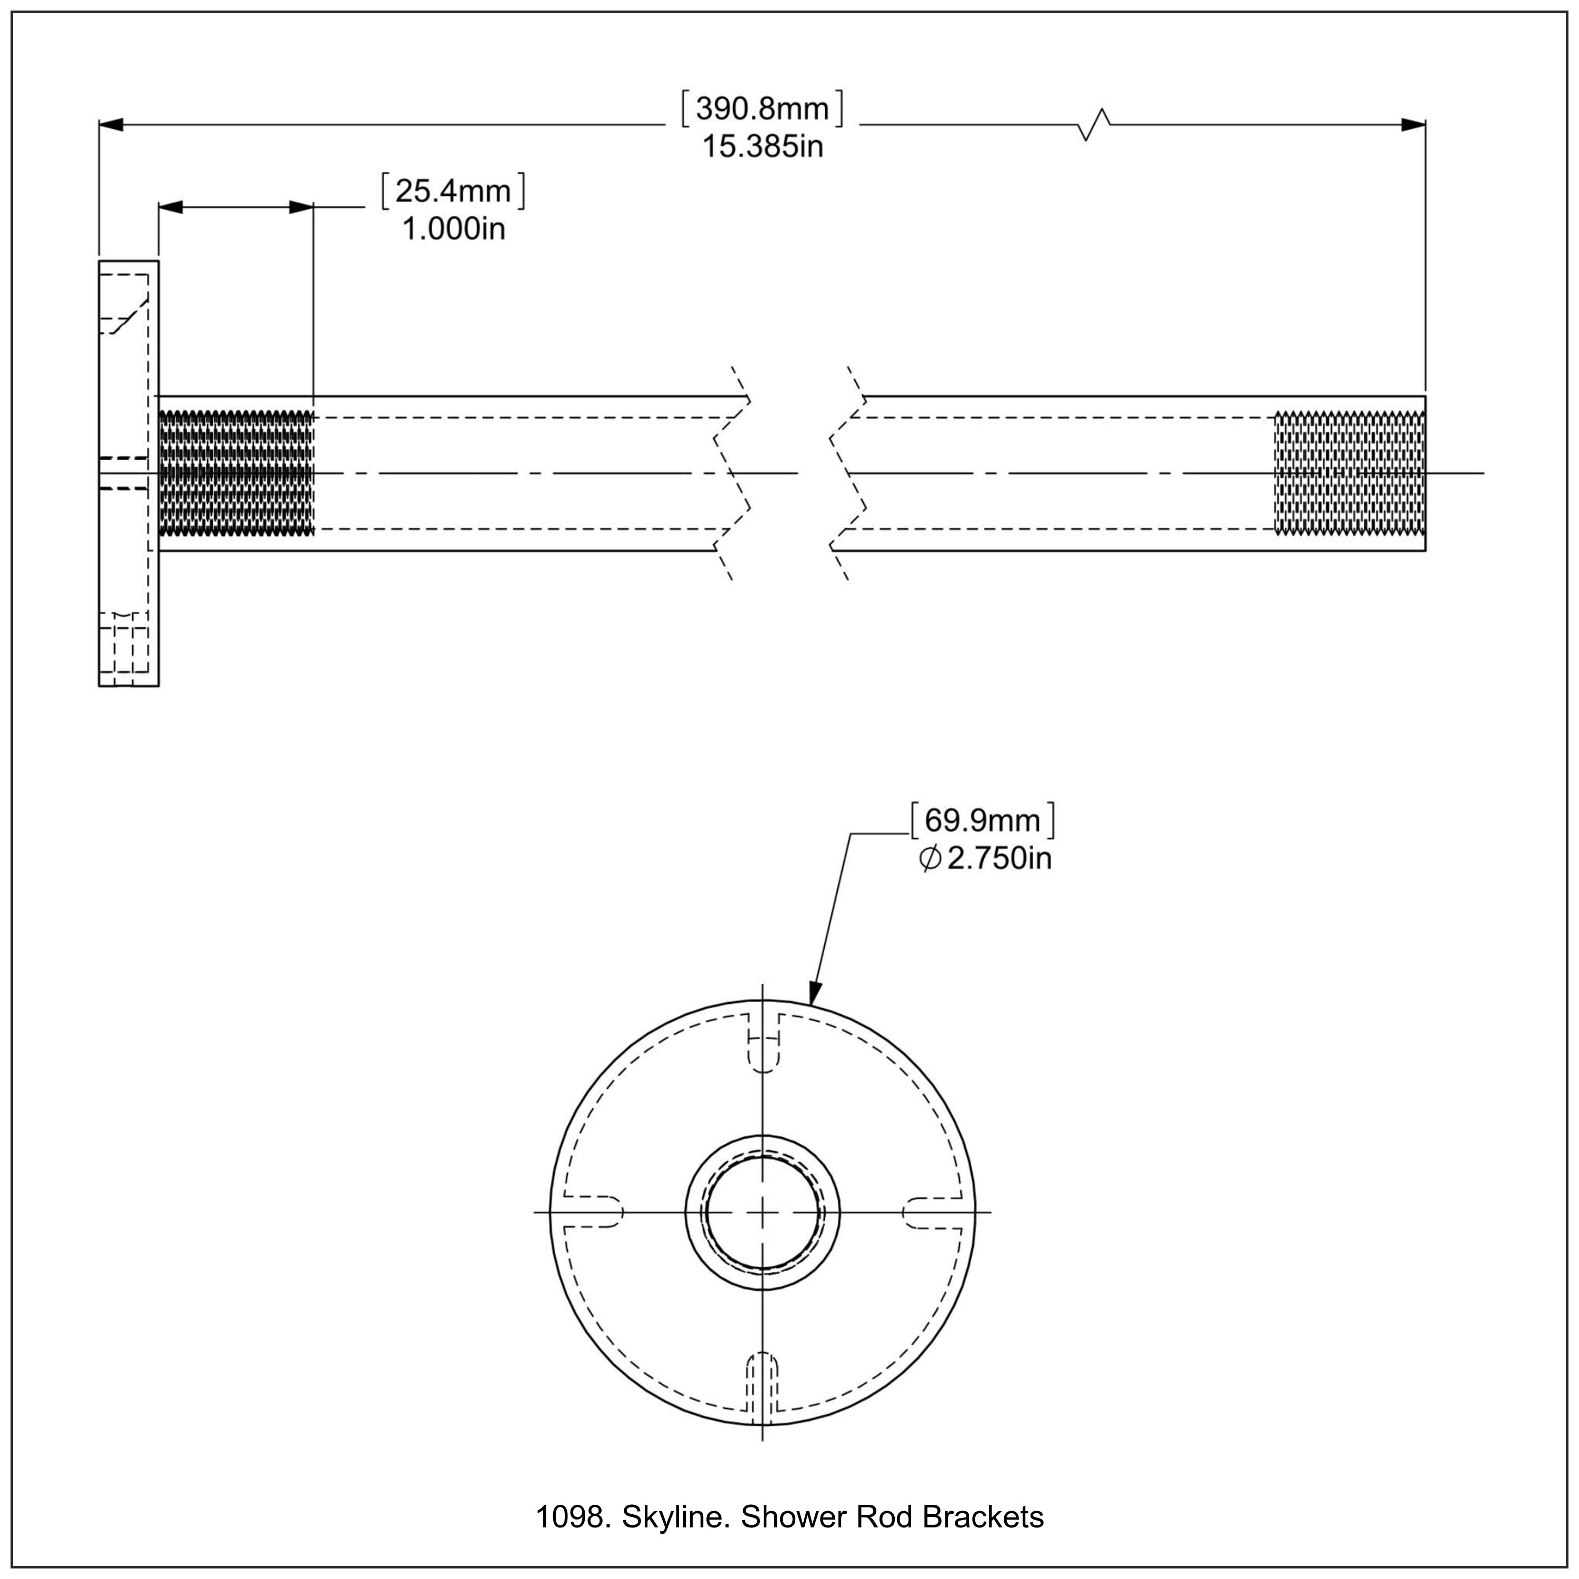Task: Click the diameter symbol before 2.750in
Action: click(x=930, y=859)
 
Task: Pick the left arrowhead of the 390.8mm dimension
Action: click(x=111, y=125)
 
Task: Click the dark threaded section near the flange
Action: click(x=235, y=473)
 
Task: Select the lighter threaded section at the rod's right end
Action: click(x=1350, y=473)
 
